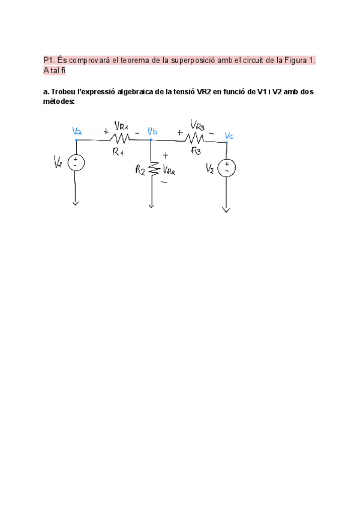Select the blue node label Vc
tap(229, 136)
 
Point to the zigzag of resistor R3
tap(196, 140)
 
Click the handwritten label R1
tap(118, 152)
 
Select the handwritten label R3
tap(196, 151)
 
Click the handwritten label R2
tap(140, 170)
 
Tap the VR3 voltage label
tap(198, 125)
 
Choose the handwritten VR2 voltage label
tap(168, 170)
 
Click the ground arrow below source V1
tap(76, 203)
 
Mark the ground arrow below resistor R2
tap(152, 205)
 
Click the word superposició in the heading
tap(193, 61)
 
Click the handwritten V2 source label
tap(210, 167)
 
